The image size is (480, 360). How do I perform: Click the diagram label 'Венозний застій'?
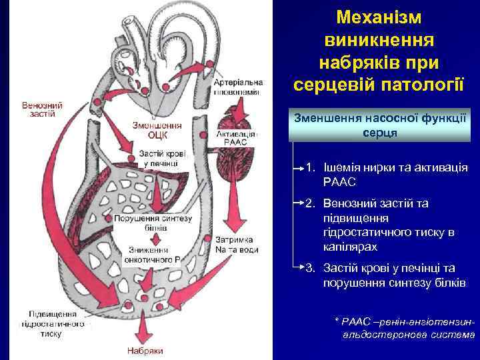click(42, 109)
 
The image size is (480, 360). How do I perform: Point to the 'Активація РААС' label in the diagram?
click(235, 138)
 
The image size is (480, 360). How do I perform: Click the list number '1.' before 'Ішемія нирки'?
click(311, 167)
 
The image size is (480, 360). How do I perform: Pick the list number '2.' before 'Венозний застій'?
click(311, 202)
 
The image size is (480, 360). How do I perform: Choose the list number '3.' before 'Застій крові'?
click(311, 268)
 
